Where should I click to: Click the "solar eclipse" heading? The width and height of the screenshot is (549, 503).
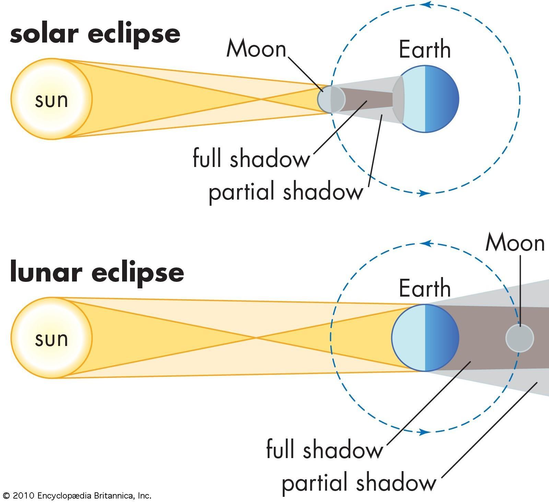click(95, 35)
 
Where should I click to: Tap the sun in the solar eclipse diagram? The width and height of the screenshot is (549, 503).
click(51, 99)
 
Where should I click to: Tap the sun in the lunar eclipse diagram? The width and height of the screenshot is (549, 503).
click(51, 338)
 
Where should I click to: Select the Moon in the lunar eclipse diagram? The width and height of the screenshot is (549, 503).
click(519, 338)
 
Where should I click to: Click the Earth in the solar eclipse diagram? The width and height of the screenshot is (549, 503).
click(425, 99)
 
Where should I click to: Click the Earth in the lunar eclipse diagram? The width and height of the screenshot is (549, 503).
click(425, 338)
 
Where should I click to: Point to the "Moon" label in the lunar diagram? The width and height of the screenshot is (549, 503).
click(515, 243)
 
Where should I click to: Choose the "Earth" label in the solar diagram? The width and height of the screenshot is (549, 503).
click(424, 50)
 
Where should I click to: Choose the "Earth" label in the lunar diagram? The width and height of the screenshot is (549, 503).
click(424, 288)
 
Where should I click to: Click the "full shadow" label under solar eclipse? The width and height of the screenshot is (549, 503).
click(251, 159)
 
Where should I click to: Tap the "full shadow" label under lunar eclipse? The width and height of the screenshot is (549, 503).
click(324, 450)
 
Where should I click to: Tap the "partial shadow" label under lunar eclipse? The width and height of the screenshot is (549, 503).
click(359, 482)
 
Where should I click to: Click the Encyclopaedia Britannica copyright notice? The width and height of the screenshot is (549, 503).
click(77, 495)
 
